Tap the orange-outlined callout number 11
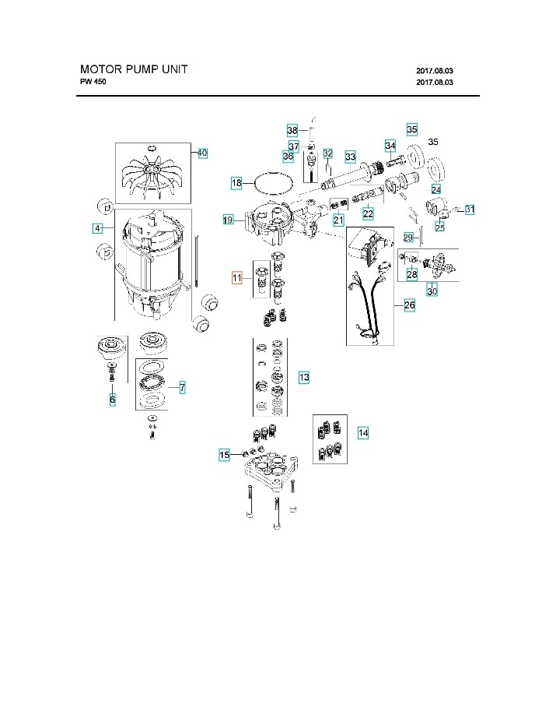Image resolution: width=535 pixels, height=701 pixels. tap(237, 277)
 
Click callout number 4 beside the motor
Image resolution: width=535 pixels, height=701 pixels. tap(97, 228)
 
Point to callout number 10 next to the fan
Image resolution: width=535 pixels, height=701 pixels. tap(201, 153)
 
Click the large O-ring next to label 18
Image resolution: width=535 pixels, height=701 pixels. tap(274, 183)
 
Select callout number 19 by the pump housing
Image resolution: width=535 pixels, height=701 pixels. tap(228, 220)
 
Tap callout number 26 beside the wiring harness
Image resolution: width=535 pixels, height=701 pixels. tap(409, 305)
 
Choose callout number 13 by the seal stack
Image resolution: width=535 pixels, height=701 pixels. tap(304, 377)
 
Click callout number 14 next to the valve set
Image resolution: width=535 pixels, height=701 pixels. tap(363, 432)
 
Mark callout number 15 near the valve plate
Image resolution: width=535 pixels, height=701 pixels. tap(224, 454)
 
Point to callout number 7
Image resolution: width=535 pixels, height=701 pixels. tap(182, 387)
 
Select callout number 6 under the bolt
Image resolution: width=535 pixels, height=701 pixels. tap(112, 399)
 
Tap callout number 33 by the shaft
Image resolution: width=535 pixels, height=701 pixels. tap(350, 156)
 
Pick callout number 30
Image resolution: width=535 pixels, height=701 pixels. tap(432, 291)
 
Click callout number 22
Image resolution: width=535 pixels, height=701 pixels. tap(368, 213)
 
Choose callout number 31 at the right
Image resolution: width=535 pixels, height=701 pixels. tap(470, 210)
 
